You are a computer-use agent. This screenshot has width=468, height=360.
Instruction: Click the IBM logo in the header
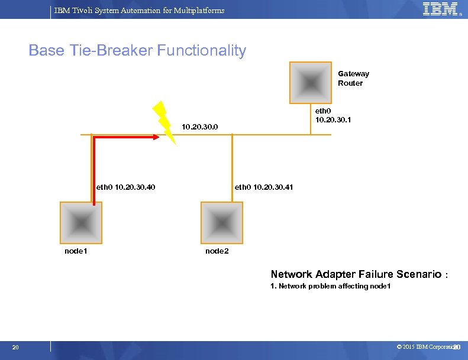tap(440, 9)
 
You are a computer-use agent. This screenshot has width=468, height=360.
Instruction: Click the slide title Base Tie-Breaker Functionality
tap(137, 51)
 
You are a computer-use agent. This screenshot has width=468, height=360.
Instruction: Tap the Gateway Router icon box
tap(309, 83)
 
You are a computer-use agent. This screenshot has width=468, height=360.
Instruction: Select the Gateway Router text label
tap(353, 79)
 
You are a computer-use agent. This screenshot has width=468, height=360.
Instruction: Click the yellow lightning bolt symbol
tap(164, 122)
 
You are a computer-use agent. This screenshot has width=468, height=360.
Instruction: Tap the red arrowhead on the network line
tap(156, 137)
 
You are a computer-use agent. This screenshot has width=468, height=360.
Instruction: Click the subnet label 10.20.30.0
tap(200, 127)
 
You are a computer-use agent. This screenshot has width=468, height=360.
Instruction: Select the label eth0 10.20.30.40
tap(125, 188)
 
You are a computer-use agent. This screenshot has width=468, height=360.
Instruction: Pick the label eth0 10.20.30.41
tap(264, 187)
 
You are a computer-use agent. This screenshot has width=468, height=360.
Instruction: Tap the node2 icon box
tap(222, 223)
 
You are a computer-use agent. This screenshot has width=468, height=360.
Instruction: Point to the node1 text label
tap(76, 251)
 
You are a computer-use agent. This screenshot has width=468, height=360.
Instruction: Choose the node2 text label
tap(217, 251)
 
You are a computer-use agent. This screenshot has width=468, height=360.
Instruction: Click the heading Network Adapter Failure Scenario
tap(356, 274)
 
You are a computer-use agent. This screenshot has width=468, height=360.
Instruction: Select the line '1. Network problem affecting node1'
tap(330, 287)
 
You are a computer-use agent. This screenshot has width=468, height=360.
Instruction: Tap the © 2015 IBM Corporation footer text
tap(427, 346)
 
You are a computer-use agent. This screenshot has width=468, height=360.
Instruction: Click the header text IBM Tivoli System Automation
tap(139, 10)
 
